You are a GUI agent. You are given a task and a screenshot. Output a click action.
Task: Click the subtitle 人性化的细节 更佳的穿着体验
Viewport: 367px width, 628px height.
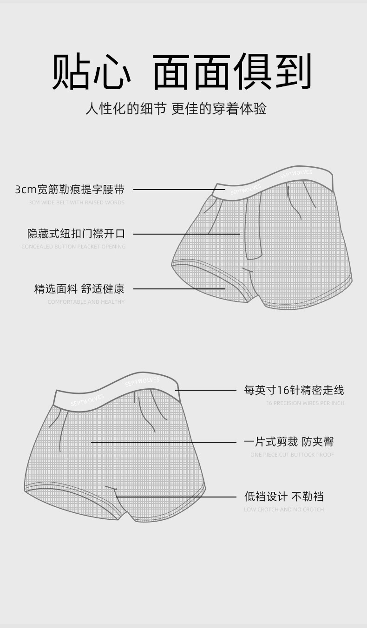pos(176,109)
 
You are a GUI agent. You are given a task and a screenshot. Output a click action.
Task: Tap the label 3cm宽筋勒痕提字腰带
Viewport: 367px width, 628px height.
pos(70,190)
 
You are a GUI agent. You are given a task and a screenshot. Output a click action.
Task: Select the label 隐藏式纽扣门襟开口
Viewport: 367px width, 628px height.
pos(76,234)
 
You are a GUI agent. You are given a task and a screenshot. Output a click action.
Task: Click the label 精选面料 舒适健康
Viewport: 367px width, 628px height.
pos(79,289)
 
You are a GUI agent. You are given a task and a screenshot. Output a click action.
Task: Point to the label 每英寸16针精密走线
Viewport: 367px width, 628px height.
pos(294,390)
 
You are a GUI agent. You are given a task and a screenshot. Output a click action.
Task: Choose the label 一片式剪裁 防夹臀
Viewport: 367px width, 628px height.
pos(289,442)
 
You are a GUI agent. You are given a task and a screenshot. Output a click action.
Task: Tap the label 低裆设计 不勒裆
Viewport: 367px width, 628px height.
pos(284,497)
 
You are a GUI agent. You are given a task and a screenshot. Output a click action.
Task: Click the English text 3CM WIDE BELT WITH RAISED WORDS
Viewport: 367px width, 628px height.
pos(77,203)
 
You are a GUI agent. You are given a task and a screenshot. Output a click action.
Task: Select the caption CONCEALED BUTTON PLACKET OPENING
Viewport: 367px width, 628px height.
pos(73,247)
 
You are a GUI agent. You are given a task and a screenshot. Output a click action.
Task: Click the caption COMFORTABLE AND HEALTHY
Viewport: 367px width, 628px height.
pos(86,302)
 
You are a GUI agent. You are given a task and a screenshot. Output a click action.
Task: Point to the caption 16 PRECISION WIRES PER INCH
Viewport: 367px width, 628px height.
pos(305,403)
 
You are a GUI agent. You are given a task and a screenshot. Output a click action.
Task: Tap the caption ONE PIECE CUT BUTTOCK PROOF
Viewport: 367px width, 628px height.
pos(292,455)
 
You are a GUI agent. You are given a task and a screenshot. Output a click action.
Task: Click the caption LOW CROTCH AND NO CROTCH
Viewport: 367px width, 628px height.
pos(284,510)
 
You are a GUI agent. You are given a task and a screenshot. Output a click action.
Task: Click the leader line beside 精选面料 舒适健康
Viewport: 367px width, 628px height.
pos(179,289)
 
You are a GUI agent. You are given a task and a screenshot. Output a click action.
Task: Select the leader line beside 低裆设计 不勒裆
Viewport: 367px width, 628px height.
pos(177,497)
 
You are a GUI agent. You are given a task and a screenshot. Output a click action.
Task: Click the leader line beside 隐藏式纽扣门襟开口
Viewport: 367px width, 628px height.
pos(186,234)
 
